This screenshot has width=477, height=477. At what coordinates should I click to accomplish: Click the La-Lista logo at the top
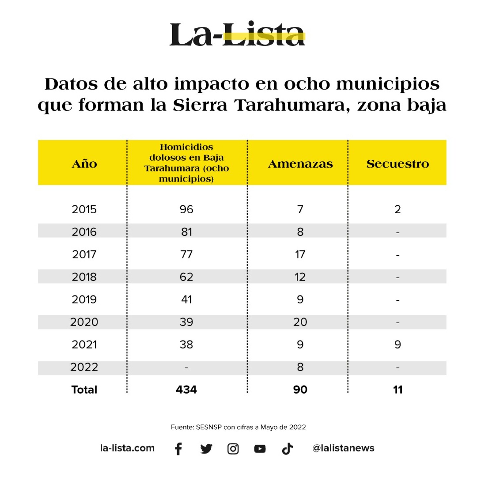(x=237, y=34)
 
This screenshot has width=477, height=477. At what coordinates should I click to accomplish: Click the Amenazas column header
(x=300, y=164)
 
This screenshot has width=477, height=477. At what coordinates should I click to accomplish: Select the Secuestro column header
(x=397, y=164)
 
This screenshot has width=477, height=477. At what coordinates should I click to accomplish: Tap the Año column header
(x=84, y=164)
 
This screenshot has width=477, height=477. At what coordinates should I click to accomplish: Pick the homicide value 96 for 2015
(x=186, y=209)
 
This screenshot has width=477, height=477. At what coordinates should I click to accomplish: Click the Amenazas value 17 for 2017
(x=300, y=254)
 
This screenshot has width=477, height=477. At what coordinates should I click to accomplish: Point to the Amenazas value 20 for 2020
(x=300, y=322)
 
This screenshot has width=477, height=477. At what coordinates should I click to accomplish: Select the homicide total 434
(x=186, y=390)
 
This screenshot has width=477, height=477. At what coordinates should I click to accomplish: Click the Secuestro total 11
(x=397, y=390)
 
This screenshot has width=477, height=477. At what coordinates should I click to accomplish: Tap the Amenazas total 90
(x=300, y=390)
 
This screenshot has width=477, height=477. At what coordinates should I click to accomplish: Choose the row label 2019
(x=84, y=299)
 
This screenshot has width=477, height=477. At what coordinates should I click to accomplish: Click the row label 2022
(x=84, y=367)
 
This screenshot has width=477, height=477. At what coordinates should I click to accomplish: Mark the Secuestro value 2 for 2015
(x=397, y=209)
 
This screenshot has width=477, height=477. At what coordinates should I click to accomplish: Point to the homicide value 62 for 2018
(x=186, y=277)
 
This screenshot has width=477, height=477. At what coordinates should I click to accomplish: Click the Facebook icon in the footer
(x=178, y=449)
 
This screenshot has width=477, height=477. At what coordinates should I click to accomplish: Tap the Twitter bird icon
(x=206, y=449)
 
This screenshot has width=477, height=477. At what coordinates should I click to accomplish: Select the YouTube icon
(x=260, y=449)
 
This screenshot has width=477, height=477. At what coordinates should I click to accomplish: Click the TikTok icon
(x=287, y=449)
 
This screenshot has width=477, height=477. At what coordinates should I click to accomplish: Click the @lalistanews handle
(x=343, y=448)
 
